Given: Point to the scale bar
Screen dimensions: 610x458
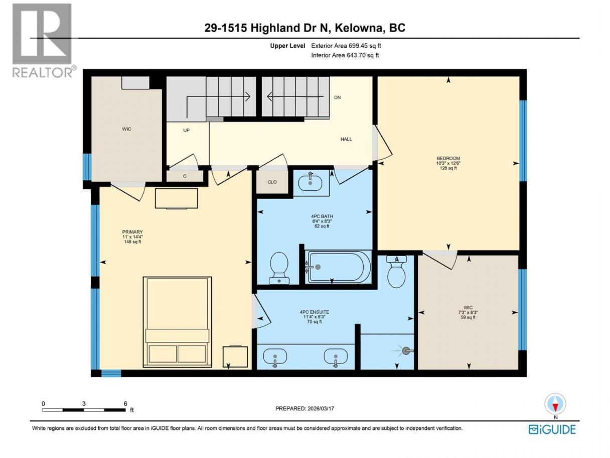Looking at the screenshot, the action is tap(84, 410).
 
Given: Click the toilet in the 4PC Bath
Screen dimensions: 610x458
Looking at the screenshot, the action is tap(279, 268).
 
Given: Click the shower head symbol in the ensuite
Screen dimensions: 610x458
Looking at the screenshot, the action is tap(406, 351).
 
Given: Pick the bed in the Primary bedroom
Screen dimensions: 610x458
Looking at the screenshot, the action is tap(177, 322).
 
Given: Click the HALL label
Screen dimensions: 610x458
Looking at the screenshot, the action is tap(346, 139).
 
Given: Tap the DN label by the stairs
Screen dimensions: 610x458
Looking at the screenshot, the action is tap(338, 97).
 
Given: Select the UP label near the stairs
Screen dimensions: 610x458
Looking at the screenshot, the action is tap(186, 130).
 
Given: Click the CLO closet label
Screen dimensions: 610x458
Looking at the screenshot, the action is tap(272, 182).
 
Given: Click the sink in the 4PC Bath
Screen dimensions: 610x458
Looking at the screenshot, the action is tap(311, 183).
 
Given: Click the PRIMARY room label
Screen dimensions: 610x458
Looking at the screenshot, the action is tap(132, 232).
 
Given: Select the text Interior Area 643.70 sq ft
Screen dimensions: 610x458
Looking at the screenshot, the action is tap(345, 55).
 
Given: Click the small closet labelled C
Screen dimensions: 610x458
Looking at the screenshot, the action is tap(185, 176).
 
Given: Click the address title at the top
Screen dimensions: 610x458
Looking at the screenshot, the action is tap(305, 28).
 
